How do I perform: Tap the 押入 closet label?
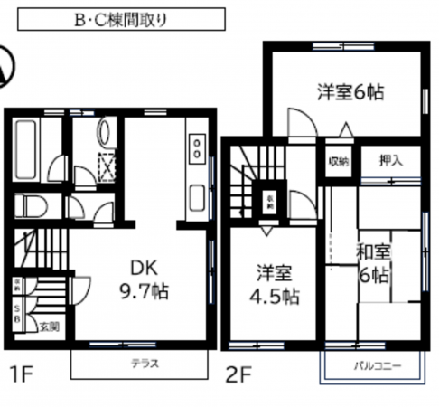390,161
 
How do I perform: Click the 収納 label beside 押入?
339,162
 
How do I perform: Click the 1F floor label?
20,371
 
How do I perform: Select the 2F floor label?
238,371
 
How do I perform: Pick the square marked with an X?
107,167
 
